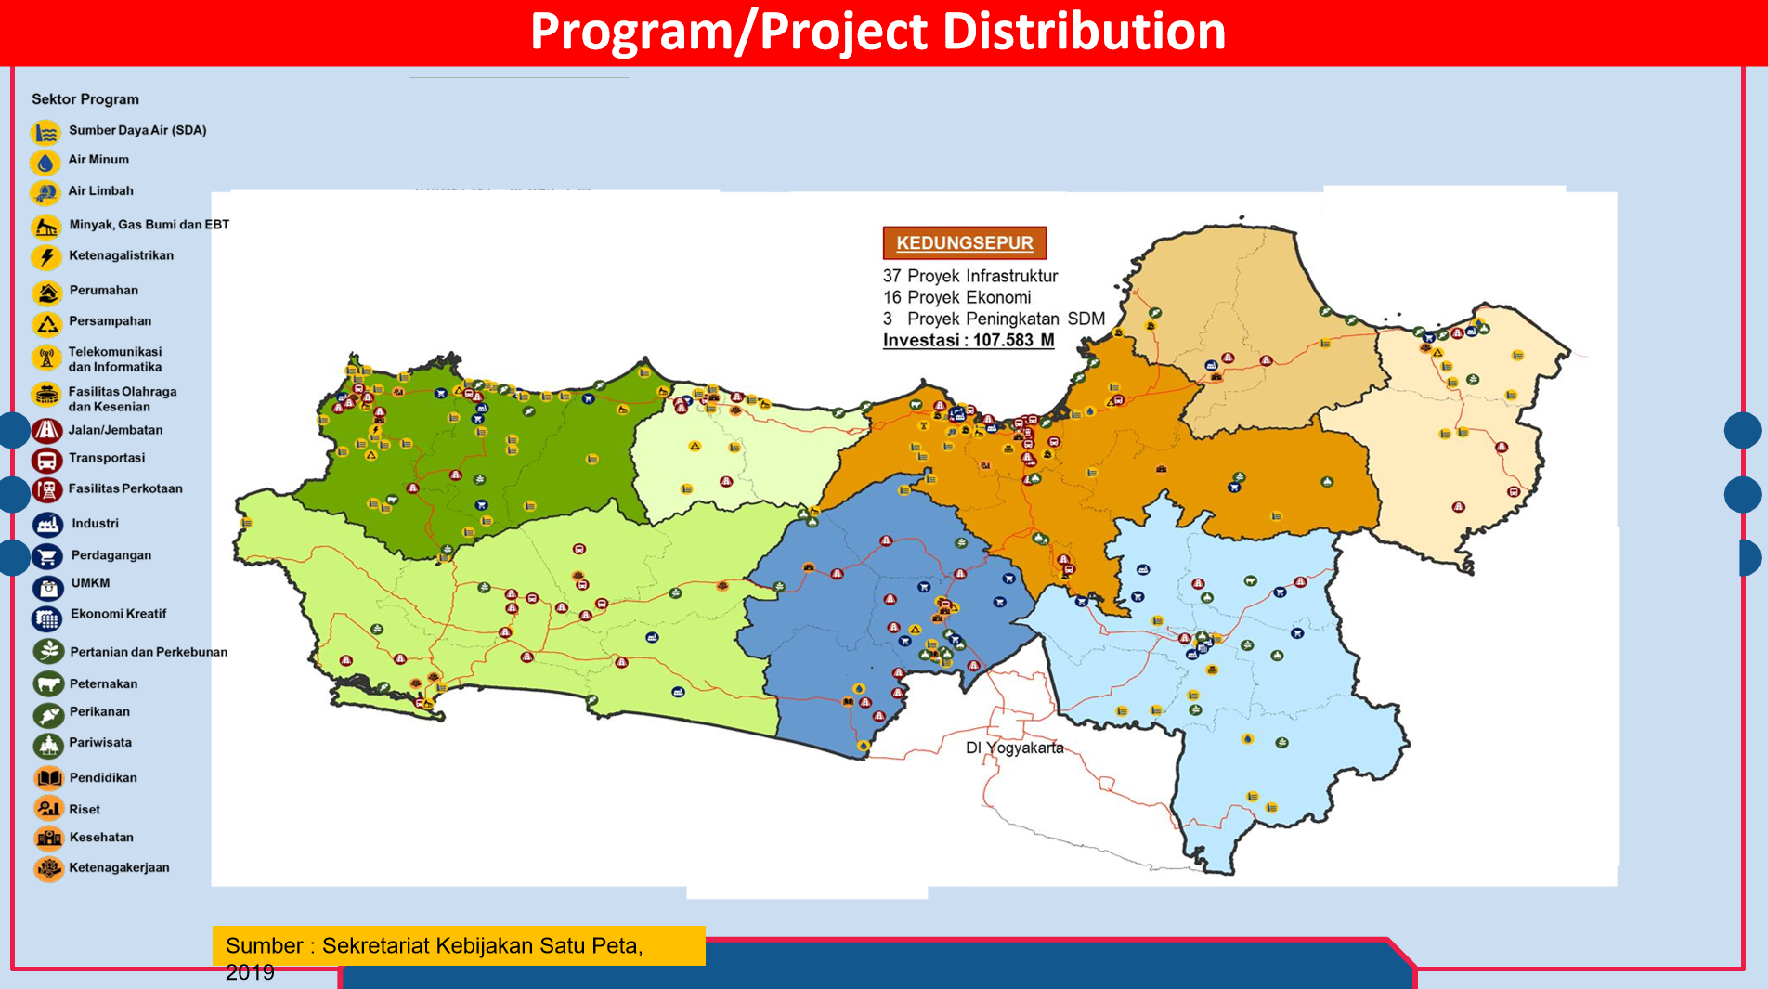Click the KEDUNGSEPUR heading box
(x=965, y=242)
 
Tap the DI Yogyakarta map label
(x=1015, y=748)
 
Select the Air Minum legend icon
(x=45, y=162)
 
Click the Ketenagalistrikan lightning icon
(x=46, y=257)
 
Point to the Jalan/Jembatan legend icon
(x=47, y=431)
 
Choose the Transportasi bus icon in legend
(x=47, y=460)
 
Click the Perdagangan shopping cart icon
(x=47, y=556)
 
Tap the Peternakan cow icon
(x=48, y=684)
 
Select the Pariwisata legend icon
(x=48, y=745)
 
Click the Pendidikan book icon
(x=49, y=778)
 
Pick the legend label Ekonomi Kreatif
(x=119, y=614)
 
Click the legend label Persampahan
(x=110, y=321)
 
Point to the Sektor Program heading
(x=85, y=99)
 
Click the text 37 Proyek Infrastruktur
(x=970, y=276)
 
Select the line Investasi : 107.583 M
(x=968, y=340)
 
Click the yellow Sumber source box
(x=459, y=946)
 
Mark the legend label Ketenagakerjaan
(x=119, y=867)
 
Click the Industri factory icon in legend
(x=47, y=525)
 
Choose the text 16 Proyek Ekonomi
(x=957, y=297)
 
